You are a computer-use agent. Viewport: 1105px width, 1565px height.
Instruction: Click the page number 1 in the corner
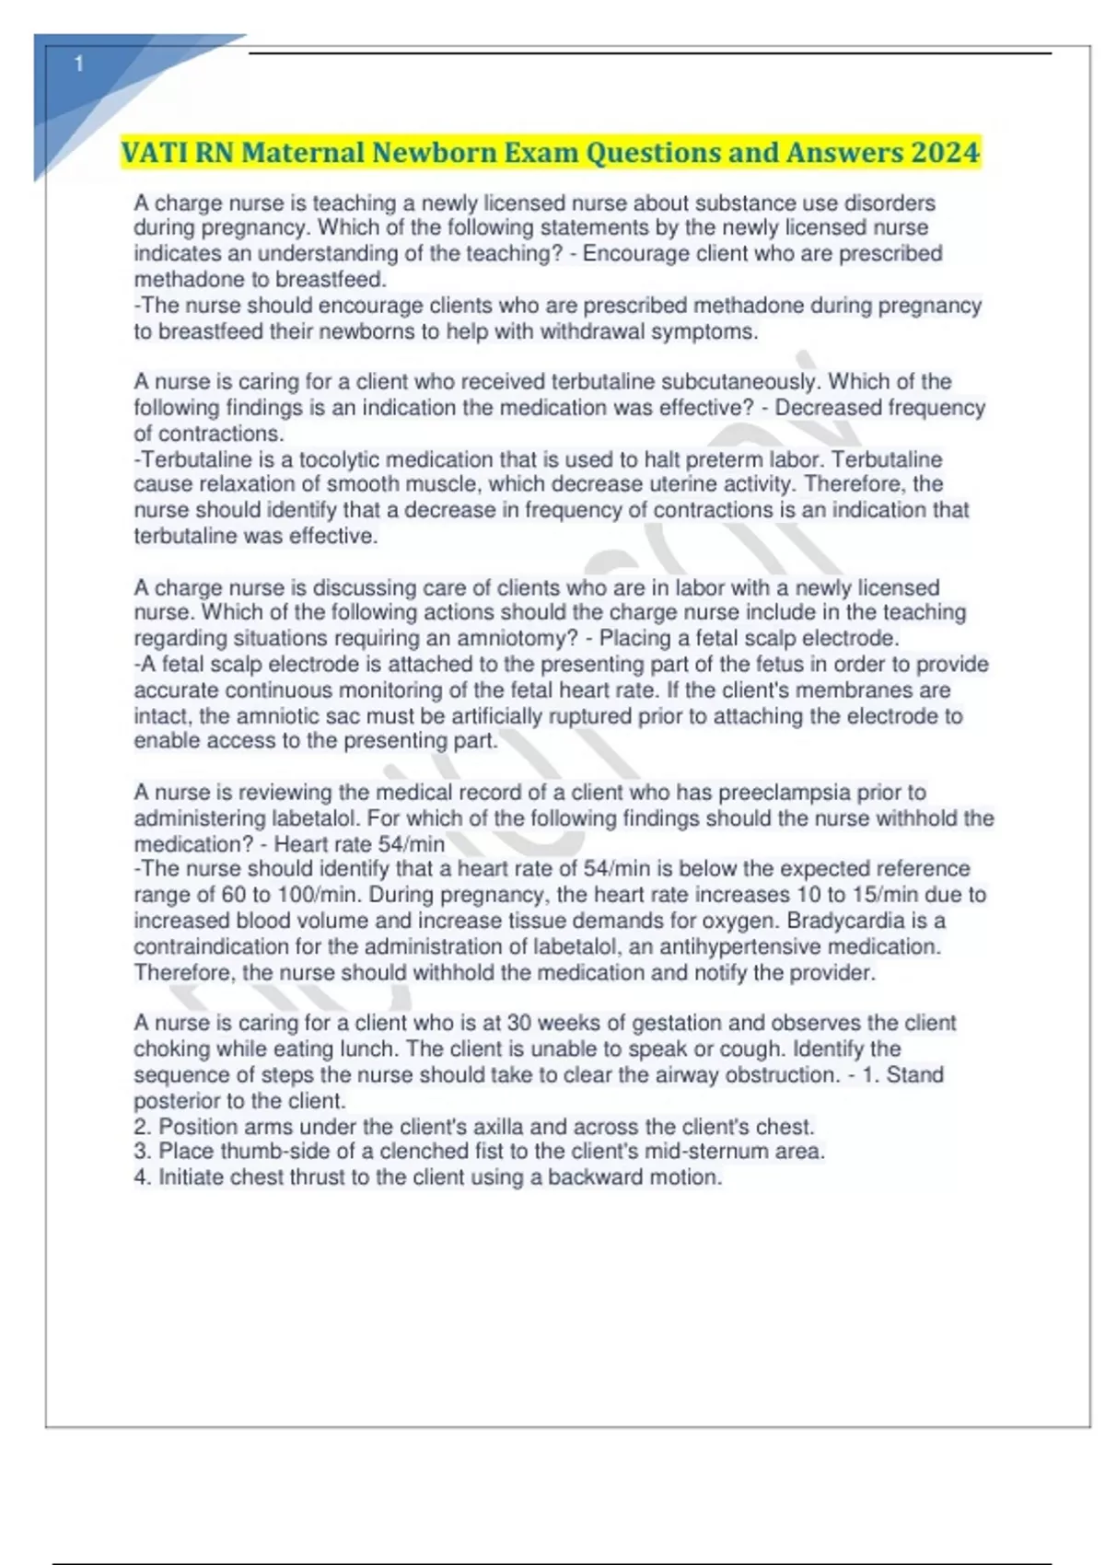(x=79, y=64)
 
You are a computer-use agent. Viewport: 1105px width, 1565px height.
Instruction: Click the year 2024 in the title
(x=945, y=152)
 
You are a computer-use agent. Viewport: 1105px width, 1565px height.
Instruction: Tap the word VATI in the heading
(x=155, y=152)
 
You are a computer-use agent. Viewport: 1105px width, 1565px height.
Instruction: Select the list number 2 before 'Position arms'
(x=142, y=1127)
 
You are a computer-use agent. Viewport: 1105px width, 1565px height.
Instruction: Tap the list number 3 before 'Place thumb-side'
(x=142, y=1152)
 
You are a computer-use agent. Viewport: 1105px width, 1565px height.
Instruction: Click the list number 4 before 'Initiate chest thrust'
(x=142, y=1177)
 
